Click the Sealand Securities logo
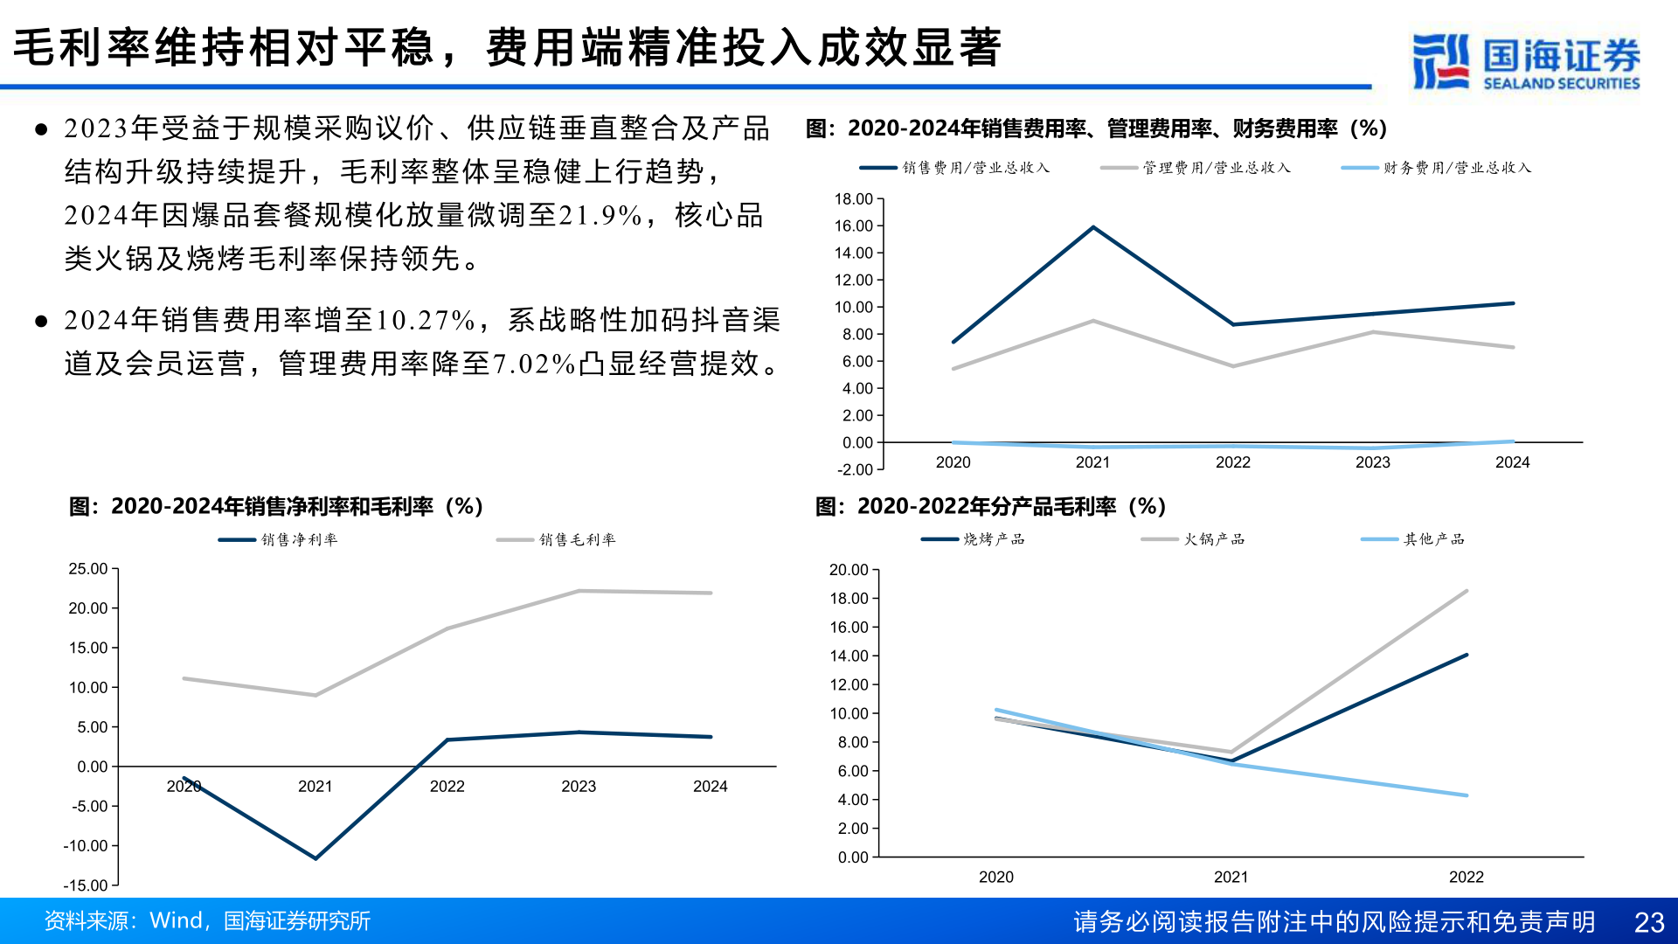click(x=1526, y=61)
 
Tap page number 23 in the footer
click(x=1648, y=922)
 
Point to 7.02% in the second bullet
click(x=533, y=364)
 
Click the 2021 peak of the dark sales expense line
click(x=1093, y=227)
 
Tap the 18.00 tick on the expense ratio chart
click(x=853, y=199)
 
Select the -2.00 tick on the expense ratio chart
click(x=855, y=470)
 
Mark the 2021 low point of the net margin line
click(x=315, y=858)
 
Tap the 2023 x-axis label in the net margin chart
click(x=579, y=787)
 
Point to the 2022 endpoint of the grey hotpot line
click(x=1467, y=591)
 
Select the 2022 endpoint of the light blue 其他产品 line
click(x=1467, y=795)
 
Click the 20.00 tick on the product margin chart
click(x=849, y=570)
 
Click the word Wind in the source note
click(x=176, y=921)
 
